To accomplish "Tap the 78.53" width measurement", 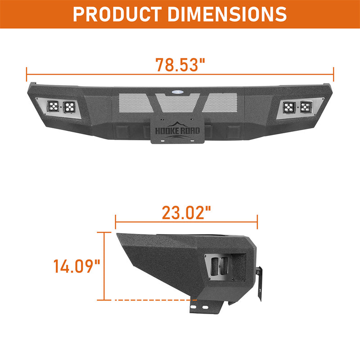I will [180, 65].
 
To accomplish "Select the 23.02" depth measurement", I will [186, 212].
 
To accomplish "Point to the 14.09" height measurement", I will [76, 266].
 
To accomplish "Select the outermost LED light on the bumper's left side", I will [54, 107].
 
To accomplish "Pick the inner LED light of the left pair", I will [70, 107].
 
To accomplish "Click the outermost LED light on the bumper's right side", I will [306, 107].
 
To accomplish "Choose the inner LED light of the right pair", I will [290, 107].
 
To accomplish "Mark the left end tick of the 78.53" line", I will [27, 72].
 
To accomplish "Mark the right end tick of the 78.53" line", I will [333, 72].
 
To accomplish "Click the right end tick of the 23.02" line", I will [257, 221].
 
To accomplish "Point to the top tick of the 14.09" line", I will [104, 233].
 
